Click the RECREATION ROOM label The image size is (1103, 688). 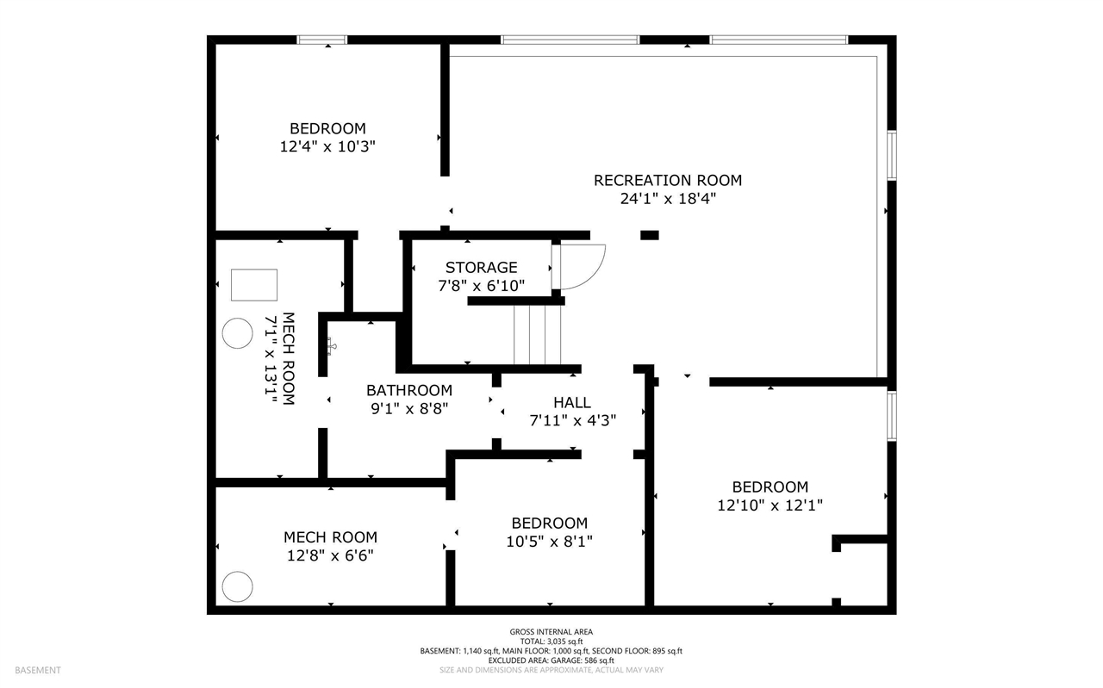667,181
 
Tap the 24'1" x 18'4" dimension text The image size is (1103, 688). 667,199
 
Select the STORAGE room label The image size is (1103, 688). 481,268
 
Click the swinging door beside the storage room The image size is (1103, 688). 579,267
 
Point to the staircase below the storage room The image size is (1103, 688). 537,335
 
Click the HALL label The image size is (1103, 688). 572,402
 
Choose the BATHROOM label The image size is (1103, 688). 408,390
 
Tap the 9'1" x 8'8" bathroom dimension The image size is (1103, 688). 408,408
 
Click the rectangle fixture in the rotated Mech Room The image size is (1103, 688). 254,285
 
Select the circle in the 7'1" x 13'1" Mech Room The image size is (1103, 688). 237,334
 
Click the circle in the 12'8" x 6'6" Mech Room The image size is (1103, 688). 237,586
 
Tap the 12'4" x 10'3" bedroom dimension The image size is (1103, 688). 327,147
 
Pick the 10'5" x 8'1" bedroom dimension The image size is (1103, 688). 549,541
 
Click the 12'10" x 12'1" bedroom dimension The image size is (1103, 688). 770,505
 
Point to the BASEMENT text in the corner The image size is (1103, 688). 37,670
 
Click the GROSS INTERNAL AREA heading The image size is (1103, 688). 551,632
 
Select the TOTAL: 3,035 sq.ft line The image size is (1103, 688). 551,642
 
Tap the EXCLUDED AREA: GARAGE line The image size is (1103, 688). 551,660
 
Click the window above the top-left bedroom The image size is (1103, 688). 322,40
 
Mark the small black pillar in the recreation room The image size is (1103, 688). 649,235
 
